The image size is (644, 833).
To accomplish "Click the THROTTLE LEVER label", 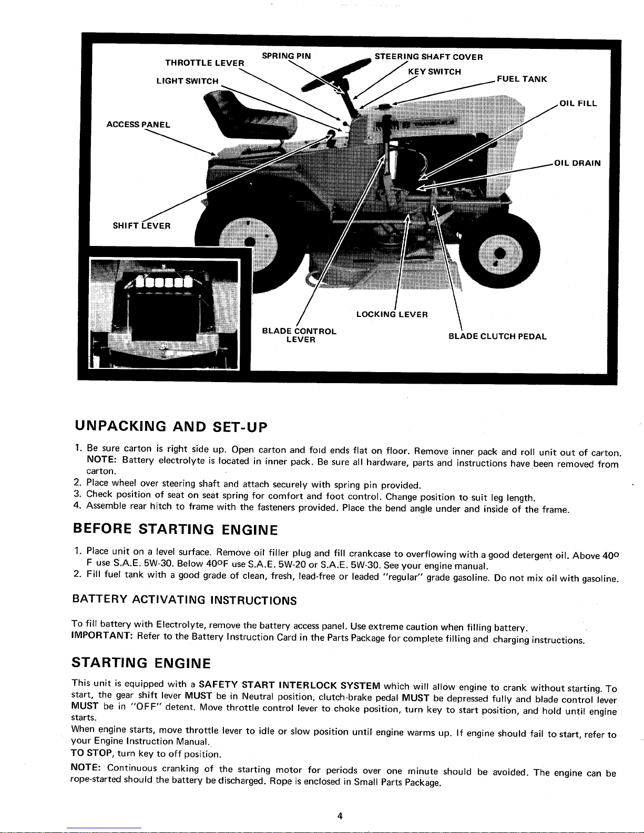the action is (x=205, y=63).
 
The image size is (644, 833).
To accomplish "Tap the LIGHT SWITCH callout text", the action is (x=188, y=81).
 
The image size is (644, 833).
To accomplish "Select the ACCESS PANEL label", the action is (x=138, y=124).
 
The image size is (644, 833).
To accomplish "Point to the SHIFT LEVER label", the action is (x=141, y=225).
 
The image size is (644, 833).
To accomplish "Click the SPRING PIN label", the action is (x=287, y=56).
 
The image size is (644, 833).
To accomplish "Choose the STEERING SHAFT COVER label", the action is (x=428, y=57).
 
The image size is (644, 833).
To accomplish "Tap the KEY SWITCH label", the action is (x=434, y=71).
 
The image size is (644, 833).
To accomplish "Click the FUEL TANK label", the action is (x=522, y=79).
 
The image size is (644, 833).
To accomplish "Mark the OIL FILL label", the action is (x=578, y=104).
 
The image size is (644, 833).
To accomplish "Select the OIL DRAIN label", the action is (x=577, y=163).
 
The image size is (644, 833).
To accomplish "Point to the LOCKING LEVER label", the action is (x=392, y=314).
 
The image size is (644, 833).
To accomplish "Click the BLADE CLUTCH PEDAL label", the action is (x=497, y=336).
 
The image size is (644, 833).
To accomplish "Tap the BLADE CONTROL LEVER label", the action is (x=299, y=335).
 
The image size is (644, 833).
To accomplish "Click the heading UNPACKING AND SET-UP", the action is (x=171, y=426).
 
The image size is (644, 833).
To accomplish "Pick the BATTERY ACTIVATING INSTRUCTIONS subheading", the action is (x=185, y=600).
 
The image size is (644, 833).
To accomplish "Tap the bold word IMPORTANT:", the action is (x=102, y=635).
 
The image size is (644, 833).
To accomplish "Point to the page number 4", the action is (x=340, y=816).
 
